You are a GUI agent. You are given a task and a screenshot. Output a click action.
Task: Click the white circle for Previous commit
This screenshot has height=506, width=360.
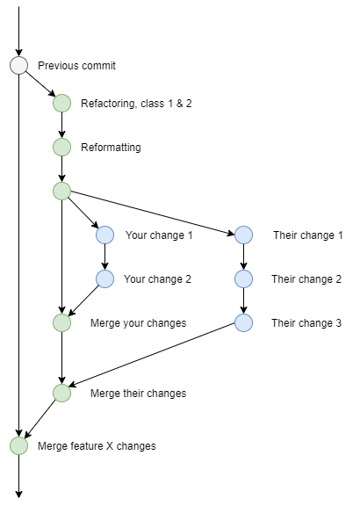pyautogui.click(x=18, y=66)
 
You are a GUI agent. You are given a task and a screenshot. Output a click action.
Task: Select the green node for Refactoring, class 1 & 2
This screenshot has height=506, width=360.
pyautogui.click(x=61, y=103)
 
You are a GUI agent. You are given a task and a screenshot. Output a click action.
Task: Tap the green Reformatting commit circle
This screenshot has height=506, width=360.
pyautogui.click(x=61, y=147)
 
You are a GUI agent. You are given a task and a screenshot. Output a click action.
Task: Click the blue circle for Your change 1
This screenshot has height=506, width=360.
pyautogui.click(x=105, y=235)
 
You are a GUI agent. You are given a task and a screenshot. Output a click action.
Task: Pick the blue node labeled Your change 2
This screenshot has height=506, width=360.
pyautogui.click(x=105, y=278)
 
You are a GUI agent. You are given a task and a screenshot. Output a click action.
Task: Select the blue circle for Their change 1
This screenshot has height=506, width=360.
pyautogui.click(x=243, y=235)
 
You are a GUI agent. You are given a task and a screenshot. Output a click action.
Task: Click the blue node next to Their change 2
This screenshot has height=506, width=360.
pyautogui.click(x=243, y=278)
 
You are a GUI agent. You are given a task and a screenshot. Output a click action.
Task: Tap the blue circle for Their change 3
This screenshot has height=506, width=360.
pyautogui.click(x=243, y=322)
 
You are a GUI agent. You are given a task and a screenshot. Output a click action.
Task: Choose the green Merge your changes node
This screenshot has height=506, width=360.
pyautogui.click(x=61, y=322)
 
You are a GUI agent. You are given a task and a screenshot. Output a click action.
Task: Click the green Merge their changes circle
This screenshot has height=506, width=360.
pyautogui.click(x=61, y=393)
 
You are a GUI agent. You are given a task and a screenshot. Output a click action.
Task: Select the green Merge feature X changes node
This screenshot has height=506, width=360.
pyautogui.click(x=18, y=445)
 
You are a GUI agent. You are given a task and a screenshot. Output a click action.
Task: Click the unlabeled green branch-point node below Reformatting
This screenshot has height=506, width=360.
pyautogui.click(x=61, y=191)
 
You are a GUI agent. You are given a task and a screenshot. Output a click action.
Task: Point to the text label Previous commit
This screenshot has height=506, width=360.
pyautogui.click(x=76, y=66)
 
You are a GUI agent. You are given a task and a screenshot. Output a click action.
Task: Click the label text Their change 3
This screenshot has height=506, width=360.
pyautogui.click(x=306, y=323)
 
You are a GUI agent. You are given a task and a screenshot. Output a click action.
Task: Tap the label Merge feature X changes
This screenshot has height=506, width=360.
pyautogui.click(x=97, y=446)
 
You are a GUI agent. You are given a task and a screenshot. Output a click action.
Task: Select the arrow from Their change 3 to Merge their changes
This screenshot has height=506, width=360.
pyautogui.click(x=154, y=358)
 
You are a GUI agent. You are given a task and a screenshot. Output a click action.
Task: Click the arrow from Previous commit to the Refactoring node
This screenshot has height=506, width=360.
pyautogui.click(x=40, y=84)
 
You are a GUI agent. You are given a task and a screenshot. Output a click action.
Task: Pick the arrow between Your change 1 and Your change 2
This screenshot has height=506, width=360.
pyautogui.click(x=105, y=257)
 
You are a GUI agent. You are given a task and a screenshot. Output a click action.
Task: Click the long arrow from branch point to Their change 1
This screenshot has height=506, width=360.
pyautogui.click(x=154, y=213)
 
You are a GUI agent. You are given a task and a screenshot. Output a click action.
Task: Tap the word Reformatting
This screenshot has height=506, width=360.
pyautogui.click(x=111, y=148)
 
